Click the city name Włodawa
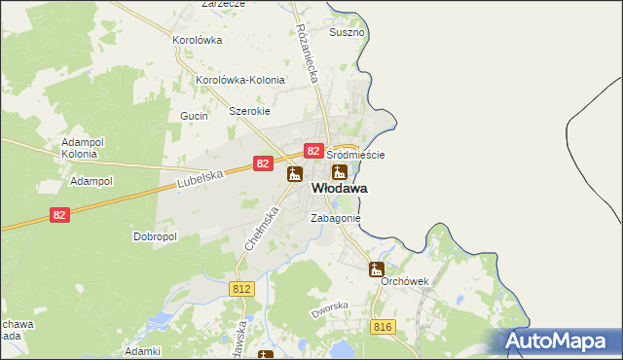339,188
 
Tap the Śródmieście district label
355,155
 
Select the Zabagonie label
336,219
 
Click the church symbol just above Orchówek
377,269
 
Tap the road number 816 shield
382,327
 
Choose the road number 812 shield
242,289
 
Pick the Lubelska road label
202,179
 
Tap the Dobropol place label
154,236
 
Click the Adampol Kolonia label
80,148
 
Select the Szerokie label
248,111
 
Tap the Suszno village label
347,32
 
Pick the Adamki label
142,349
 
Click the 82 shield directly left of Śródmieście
313,151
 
